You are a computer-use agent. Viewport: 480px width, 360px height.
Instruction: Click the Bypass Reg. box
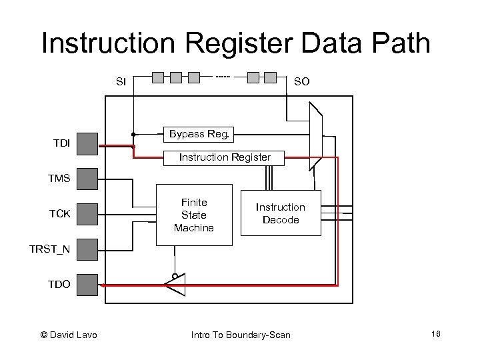pyautogui.click(x=199, y=135)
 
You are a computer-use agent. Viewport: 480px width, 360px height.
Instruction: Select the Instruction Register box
pyautogui.click(x=225, y=158)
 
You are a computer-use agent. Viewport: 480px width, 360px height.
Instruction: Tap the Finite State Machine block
pyautogui.click(x=194, y=215)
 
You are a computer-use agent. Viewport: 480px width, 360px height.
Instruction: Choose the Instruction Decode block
pyautogui.click(x=280, y=213)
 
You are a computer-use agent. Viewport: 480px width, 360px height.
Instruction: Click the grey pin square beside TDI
pyautogui.click(x=87, y=143)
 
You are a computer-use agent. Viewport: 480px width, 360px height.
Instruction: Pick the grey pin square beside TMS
pyautogui.click(x=87, y=179)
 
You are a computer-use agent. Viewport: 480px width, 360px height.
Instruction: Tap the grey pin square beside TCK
pyautogui.click(x=87, y=214)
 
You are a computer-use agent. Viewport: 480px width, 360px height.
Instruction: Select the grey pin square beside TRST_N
pyautogui.click(x=87, y=249)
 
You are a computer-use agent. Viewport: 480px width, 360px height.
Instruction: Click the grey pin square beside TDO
pyautogui.click(x=87, y=285)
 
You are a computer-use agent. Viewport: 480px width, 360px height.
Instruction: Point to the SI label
pyautogui.click(x=121, y=82)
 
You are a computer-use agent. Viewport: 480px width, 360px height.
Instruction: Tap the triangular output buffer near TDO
pyautogui.click(x=175, y=285)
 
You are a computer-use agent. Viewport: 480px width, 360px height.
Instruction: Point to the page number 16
pyautogui.click(x=435, y=334)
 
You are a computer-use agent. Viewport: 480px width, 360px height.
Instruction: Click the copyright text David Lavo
pyautogui.click(x=69, y=335)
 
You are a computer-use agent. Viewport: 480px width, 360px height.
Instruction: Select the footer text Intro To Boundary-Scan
pyautogui.click(x=241, y=335)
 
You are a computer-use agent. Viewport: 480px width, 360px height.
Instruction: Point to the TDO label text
pyautogui.click(x=59, y=285)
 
